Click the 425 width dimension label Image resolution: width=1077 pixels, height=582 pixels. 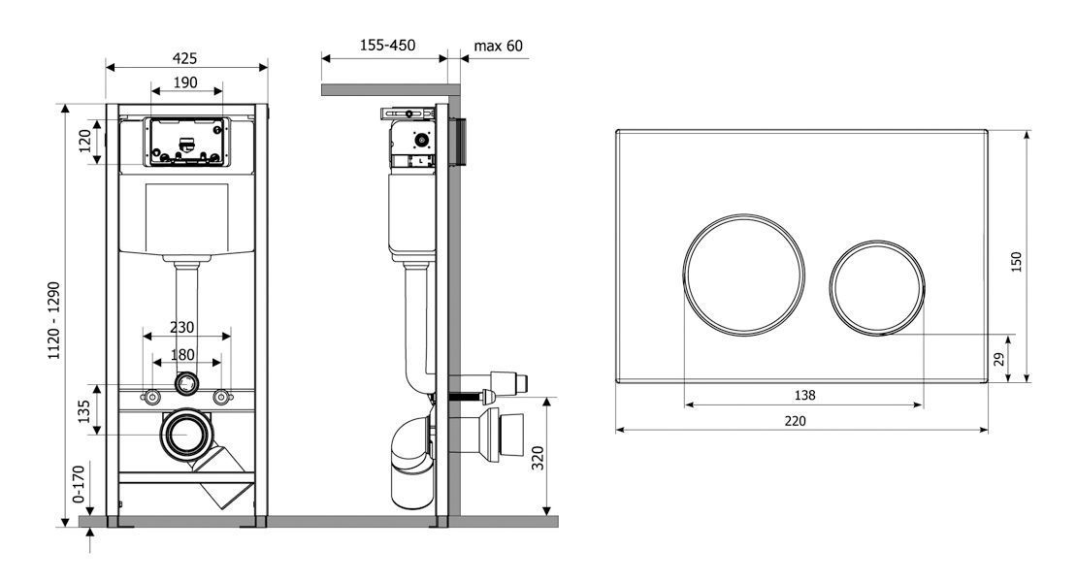click(184, 58)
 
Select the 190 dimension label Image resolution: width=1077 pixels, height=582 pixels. click(185, 82)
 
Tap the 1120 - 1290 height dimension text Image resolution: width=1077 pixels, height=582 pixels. click(54, 320)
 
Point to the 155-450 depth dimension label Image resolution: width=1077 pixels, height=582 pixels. click(387, 46)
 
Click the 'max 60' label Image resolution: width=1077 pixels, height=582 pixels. click(498, 46)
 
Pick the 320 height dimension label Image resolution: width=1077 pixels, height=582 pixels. click(538, 458)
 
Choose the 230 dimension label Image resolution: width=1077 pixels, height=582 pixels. click(182, 328)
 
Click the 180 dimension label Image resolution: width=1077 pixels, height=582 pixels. click(182, 355)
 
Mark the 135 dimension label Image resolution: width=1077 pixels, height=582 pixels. click(83, 411)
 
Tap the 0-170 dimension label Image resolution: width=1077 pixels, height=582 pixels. click(79, 484)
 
